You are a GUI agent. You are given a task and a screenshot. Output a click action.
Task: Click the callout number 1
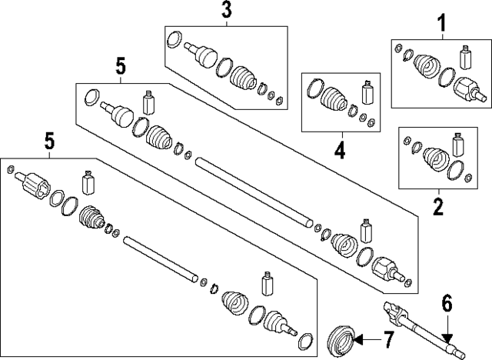tap(442, 24)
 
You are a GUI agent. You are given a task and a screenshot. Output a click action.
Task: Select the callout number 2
tap(438, 207)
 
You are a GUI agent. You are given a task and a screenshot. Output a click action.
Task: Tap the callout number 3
tap(226, 10)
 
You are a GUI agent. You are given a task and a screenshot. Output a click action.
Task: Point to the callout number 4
tap(340, 150)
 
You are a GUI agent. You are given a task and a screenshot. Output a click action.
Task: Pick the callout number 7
tap(387, 340)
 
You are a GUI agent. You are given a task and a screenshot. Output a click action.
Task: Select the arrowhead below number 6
tap(447, 338)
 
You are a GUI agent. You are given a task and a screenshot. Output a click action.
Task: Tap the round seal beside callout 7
tap(341, 342)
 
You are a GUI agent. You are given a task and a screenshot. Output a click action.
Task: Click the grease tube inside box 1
tap(466, 58)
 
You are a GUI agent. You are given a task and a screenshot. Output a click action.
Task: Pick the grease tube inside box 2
tap(458, 145)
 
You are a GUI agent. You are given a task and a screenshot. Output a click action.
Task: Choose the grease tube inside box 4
tap(367, 92)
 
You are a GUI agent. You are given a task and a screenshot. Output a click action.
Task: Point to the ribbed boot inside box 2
tap(436, 158)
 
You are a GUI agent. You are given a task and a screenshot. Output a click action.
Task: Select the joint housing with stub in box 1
tap(470, 89)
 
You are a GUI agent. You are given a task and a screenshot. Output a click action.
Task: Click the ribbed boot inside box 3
tap(244, 79)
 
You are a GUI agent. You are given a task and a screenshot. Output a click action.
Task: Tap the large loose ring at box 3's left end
tap(175, 39)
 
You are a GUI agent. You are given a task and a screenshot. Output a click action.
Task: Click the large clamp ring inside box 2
tap(456, 171)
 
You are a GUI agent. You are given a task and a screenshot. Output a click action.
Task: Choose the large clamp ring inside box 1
tap(447, 77)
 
